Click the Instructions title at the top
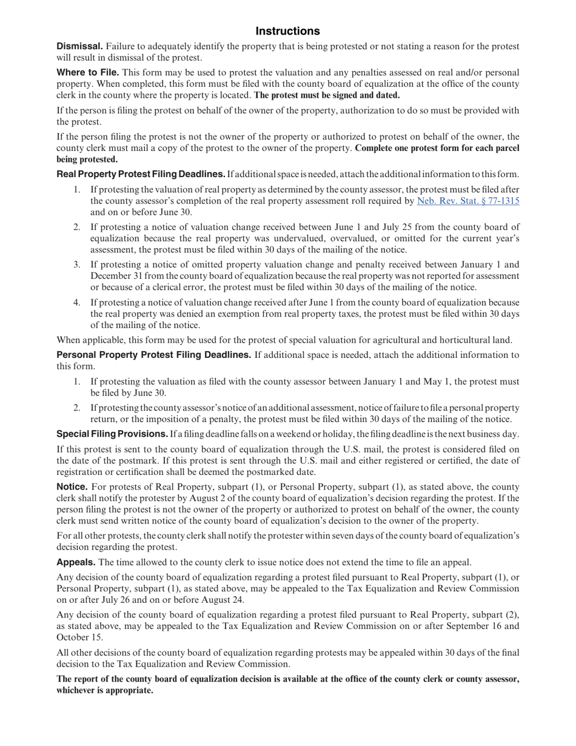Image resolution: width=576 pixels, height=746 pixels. point(287,31)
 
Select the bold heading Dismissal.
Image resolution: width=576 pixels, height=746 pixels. point(79,47)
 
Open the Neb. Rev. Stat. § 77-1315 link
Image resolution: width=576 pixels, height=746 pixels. point(468,201)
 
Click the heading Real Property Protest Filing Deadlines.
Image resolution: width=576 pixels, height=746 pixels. point(141,175)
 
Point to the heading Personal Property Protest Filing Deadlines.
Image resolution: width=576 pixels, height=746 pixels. point(153,355)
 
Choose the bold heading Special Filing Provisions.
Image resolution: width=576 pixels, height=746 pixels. point(112,434)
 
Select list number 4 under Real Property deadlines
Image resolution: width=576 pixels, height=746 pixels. point(77,303)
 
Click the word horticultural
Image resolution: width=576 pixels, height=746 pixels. point(469,340)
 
